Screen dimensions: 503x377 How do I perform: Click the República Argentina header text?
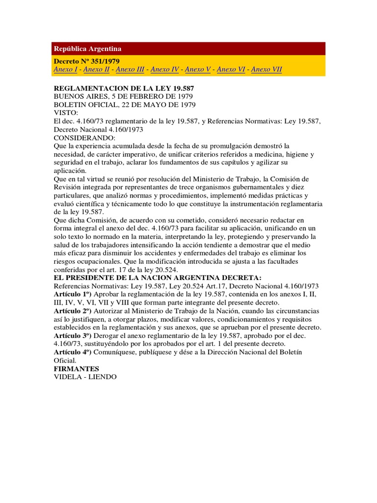[87, 49]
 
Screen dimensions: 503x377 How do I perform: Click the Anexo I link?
[65, 70]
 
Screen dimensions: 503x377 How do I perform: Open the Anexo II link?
[96, 70]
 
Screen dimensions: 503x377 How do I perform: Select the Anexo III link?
[130, 70]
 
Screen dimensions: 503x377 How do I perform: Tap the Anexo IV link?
[164, 70]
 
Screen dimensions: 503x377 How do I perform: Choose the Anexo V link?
[198, 70]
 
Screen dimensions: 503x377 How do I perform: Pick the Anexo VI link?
[231, 70]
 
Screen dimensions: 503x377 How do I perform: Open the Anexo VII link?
[267, 70]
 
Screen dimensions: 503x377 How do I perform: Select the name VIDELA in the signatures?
[68, 377]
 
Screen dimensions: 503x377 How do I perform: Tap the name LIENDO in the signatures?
[103, 377]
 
